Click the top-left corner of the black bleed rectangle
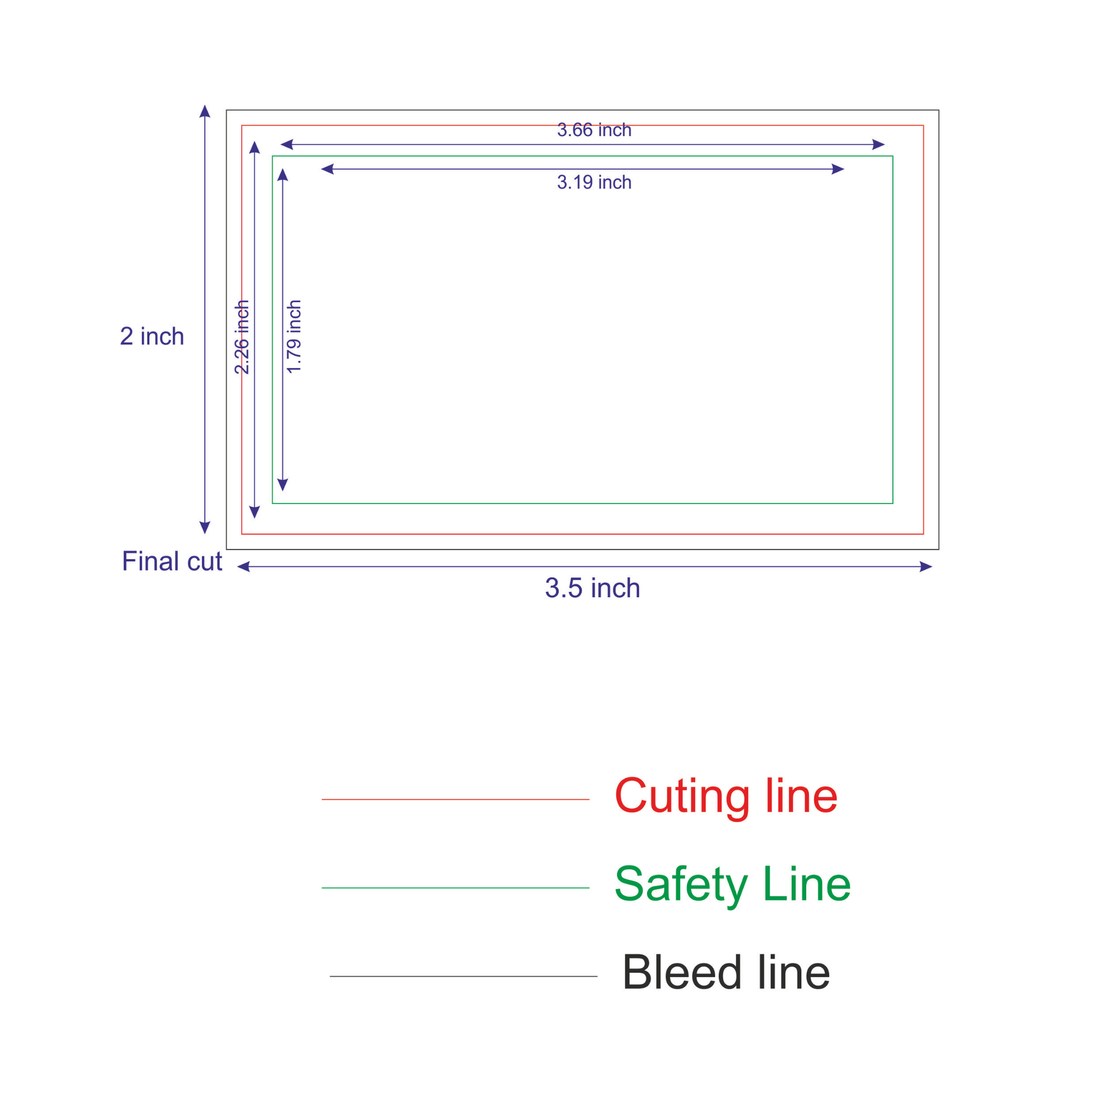227,110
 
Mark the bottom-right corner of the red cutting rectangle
924,534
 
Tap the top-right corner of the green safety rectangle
893,156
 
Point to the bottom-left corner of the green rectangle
272,503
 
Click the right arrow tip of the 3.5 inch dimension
932,567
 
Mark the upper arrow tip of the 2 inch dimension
205,105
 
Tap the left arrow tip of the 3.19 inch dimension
321,169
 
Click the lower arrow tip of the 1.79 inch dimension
283,491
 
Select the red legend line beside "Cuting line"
455,799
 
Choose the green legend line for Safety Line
455,888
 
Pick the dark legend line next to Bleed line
463,976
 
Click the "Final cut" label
172,561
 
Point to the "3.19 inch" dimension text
594,182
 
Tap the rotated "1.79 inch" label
294,337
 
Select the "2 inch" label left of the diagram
152,336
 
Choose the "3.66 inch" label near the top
594,130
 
